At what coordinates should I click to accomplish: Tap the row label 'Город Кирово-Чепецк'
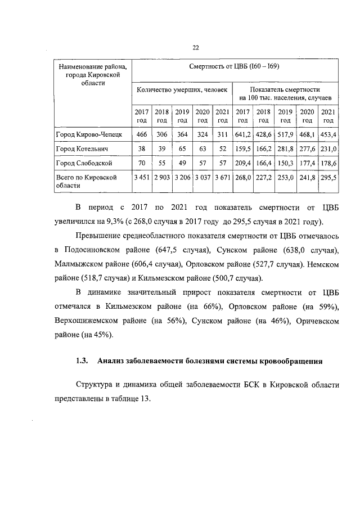coord(83,135)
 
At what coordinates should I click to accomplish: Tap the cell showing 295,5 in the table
coord(328,177)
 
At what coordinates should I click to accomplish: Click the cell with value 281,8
coord(285,149)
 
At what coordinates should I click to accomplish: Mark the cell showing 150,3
coord(285,163)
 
